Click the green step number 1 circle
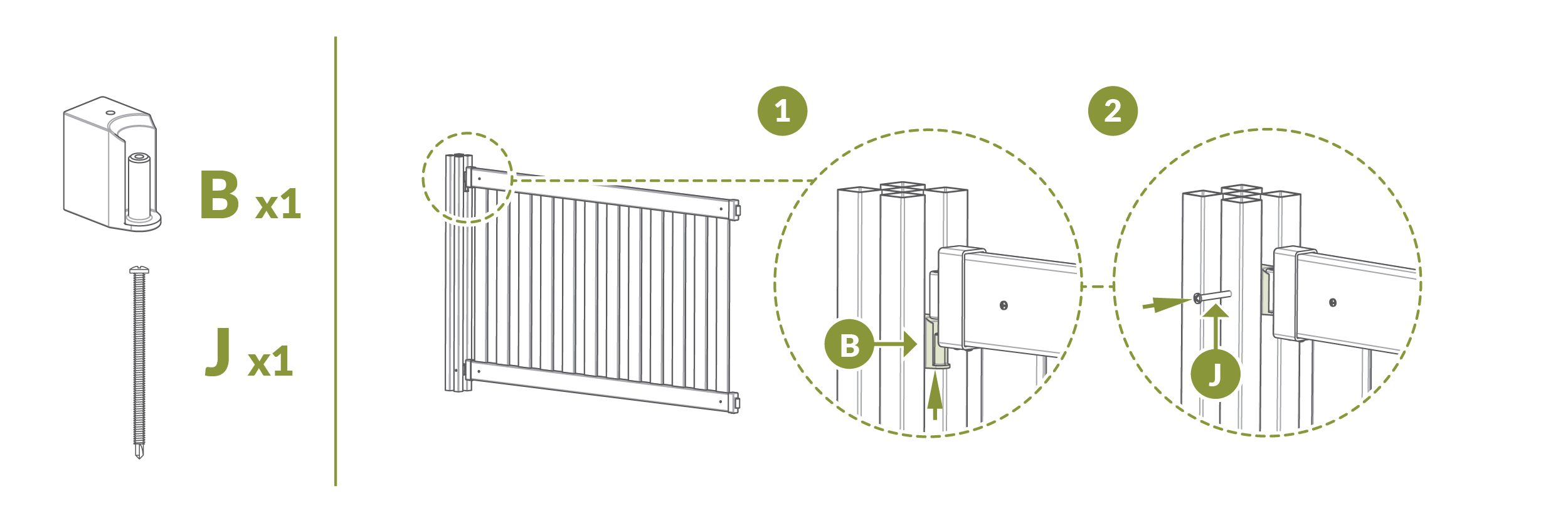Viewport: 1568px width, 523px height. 782,111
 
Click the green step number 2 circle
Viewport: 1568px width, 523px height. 1113,111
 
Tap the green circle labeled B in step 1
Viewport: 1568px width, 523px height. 849,344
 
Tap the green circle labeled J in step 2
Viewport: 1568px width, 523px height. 1216,374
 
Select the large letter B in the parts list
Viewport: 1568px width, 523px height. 220,195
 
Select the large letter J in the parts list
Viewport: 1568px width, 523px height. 218,352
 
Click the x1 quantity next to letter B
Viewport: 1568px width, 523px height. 278,204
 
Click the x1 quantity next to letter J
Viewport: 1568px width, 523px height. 271,362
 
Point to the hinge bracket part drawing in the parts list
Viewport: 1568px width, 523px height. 112,164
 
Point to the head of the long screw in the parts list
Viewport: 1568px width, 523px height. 139,270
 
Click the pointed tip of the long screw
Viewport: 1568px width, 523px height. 139,458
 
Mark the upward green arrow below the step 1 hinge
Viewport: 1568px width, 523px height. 935,395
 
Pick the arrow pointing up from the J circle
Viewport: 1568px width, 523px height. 1216,327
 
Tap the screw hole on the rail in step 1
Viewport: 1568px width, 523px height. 1004,305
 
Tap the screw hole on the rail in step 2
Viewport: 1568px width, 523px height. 1333,303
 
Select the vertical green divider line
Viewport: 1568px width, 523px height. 336,261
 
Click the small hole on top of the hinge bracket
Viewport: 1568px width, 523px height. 110,113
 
